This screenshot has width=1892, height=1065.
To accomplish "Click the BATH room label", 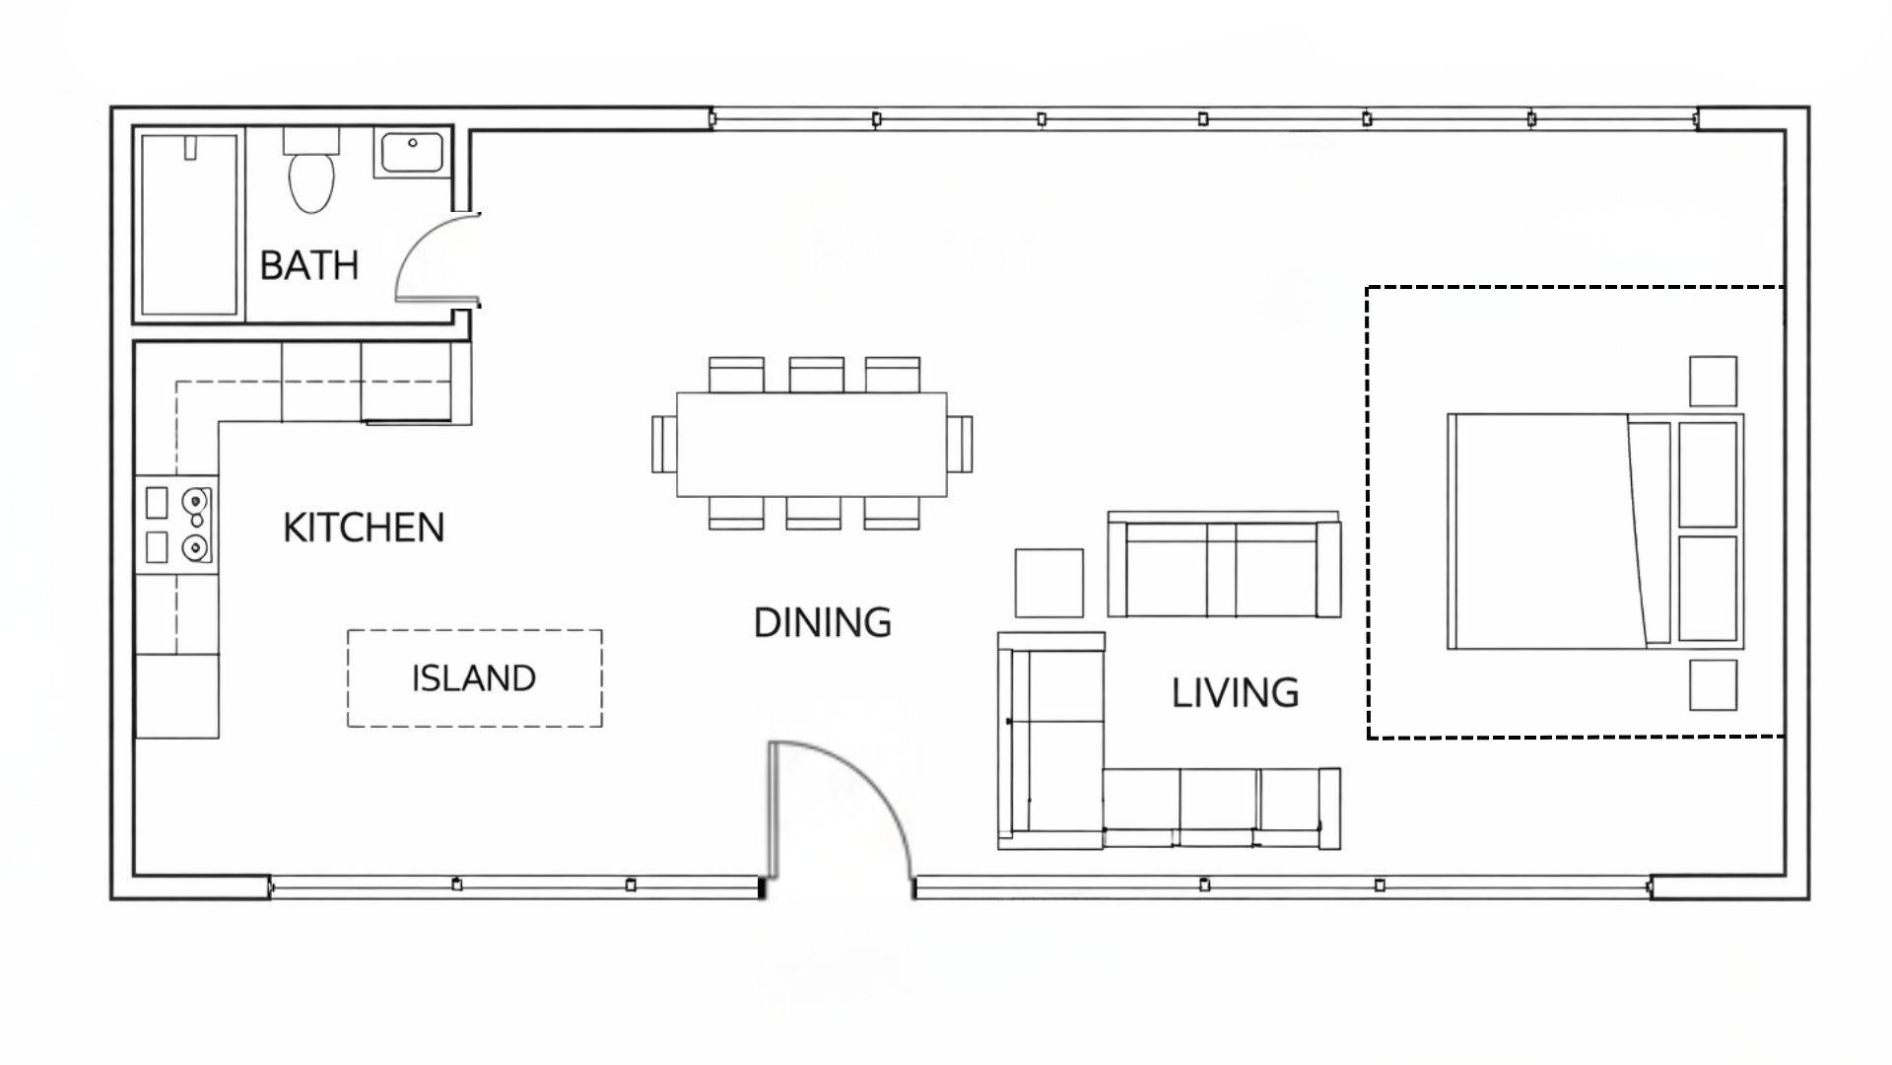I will click(x=308, y=265).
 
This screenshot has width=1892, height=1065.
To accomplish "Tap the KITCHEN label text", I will click(x=364, y=528).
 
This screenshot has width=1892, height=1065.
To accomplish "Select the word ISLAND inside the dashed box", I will click(x=474, y=678).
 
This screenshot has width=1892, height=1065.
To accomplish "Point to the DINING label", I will click(x=822, y=622).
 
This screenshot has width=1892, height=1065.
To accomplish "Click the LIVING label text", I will click(x=1235, y=693).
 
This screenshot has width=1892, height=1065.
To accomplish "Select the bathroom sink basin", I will click(x=411, y=154).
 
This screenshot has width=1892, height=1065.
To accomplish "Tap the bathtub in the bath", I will click(x=190, y=225).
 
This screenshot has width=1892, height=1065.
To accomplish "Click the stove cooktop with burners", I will click(x=177, y=526).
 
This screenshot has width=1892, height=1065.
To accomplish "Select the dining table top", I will click(x=811, y=444).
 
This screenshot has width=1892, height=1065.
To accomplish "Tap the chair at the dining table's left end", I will click(x=663, y=445).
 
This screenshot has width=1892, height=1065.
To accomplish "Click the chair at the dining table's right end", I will click(x=961, y=445).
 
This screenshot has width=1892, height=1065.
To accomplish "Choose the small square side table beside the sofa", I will click(x=1049, y=583).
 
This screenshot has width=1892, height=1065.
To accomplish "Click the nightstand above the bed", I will click(x=1713, y=381).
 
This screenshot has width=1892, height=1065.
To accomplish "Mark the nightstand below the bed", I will click(x=1713, y=685).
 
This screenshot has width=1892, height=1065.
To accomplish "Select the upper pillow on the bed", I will click(x=1707, y=474).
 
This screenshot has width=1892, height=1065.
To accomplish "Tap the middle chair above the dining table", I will click(x=816, y=375).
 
